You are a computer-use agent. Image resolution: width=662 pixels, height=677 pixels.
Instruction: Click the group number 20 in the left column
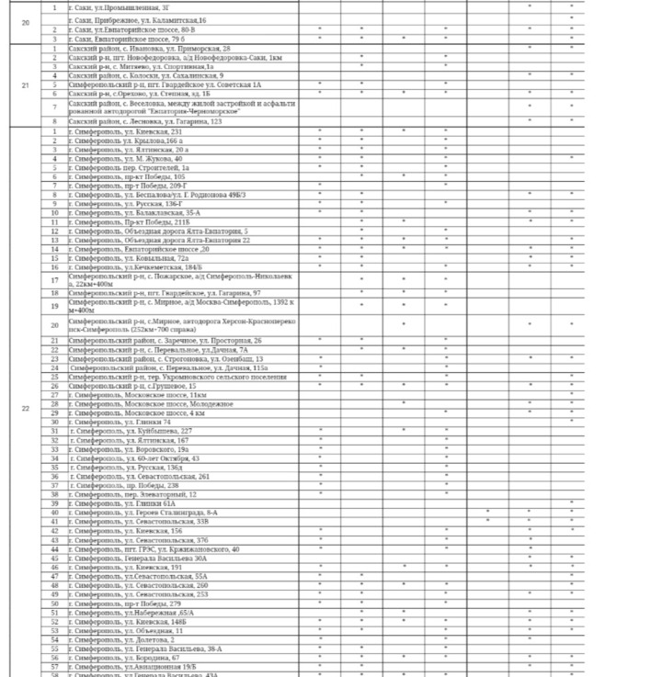(25, 23)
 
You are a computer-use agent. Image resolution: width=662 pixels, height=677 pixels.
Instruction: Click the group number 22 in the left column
(25, 408)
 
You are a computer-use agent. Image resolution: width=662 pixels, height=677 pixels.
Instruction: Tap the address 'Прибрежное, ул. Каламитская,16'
(138, 19)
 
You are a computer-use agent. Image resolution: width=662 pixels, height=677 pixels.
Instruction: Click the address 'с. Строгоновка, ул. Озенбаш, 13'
(165, 358)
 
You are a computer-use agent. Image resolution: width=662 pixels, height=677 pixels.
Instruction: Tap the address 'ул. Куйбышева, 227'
(130, 431)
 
